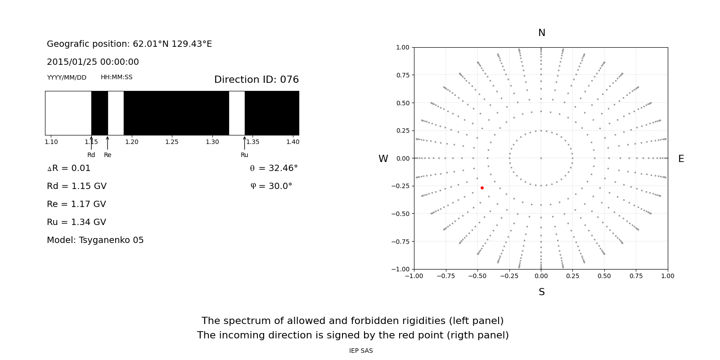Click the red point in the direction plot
[x=482, y=188]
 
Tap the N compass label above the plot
[x=541, y=33]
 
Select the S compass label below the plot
[x=541, y=292]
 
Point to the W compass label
[x=383, y=159]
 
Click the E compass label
[x=681, y=159]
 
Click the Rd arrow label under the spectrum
[x=91, y=155]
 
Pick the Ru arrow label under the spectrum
[x=244, y=155]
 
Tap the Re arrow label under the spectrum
[x=108, y=155]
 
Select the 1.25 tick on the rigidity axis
[x=172, y=142]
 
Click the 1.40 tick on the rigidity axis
[x=292, y=142]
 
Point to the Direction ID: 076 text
[x=256, y=80]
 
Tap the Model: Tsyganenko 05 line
[x=95, y=240]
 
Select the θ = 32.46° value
[x=274, y=168]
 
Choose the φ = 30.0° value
[x=271, y=186]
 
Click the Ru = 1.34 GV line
[x=76, y=222]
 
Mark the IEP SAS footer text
[x=361, y=351]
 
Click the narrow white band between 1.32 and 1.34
[x=237, y=113]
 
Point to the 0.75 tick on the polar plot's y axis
[x=402, y=75]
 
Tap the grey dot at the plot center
[x=541, y=158]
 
